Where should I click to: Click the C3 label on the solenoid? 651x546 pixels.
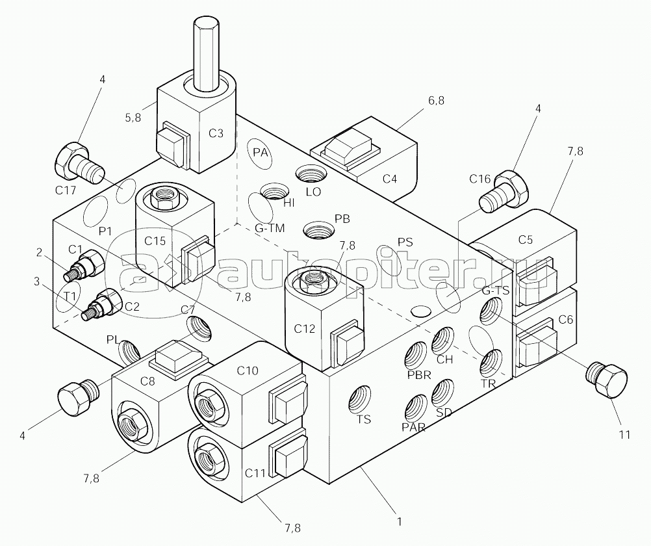click(x=216, y=133)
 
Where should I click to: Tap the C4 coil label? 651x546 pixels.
click(x=389, y=179)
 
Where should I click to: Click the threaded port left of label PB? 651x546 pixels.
click(x=318, y=229)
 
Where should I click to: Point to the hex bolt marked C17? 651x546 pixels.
click(x=79, y=162)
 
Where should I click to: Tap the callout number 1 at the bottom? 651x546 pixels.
click(x=400, y=521)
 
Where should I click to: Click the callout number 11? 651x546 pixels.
click(x=624, y=435)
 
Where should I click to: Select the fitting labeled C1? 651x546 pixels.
click(x=84, y=266)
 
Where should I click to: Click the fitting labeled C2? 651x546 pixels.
click(x=101, y=304)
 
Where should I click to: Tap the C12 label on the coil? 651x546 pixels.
click(x=304, y=329)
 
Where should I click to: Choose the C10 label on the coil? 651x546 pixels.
click(x=248, y=370)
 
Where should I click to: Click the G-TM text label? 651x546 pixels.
click(x=270, y=228)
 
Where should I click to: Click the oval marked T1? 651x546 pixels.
click(x=68, y=297)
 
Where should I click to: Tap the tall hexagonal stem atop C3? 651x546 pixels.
click(x=207, y=55)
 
